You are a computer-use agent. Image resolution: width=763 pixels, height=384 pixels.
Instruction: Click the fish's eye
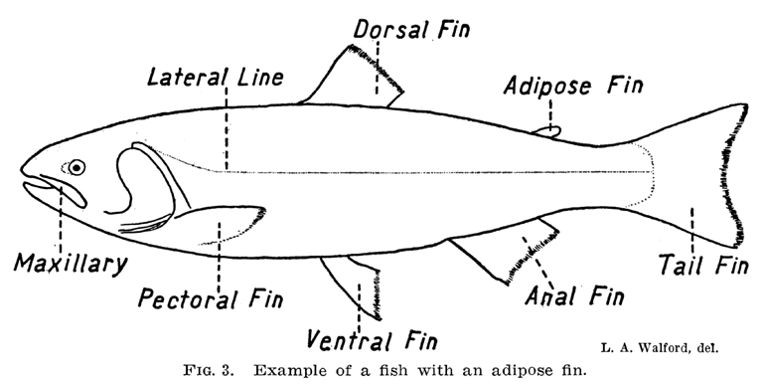(x=76, y=167)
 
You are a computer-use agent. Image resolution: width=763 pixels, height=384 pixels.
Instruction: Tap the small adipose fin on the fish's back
(x=547, y=129)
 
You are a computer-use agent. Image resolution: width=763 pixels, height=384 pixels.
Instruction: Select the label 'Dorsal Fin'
(x=411, y=29)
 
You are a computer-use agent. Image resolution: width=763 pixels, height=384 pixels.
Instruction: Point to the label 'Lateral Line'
(x=215, y=77)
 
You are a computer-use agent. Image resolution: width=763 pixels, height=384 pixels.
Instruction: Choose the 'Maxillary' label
(x=71, y=265)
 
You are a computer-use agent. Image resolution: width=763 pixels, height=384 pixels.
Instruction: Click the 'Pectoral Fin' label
(x=210, y=296)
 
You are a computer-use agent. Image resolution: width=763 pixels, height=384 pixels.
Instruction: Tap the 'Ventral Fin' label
(x=371, y=341)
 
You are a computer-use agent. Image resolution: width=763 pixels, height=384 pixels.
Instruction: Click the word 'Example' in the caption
(x=289, y=371)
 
